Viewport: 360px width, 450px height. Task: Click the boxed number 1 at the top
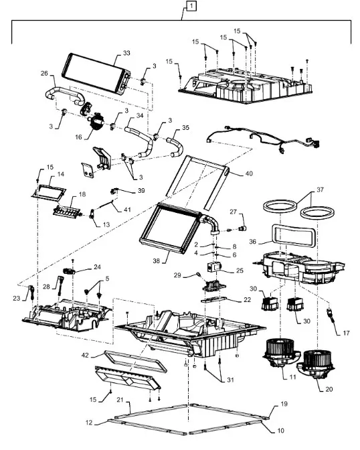click(191, 6)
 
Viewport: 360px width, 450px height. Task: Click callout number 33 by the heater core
click(126, 53)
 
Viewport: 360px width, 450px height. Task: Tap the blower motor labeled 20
click(316, 364)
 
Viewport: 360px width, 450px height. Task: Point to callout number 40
click(249, 173)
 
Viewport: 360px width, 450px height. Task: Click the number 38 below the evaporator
click(157, 261)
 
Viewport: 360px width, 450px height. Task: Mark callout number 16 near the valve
click(78, 137)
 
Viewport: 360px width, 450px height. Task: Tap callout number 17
click(346, 333)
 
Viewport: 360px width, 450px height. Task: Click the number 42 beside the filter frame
click(85, 356)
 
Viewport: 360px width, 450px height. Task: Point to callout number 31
click(230, 380)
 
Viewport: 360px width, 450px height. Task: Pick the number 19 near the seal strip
click(284, 404)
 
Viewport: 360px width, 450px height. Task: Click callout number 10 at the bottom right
click(280, 431)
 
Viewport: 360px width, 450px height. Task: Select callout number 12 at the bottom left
click(89, 423)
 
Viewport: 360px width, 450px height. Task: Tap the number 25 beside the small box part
click(240, 271)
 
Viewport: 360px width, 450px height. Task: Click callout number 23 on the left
click(17, 299)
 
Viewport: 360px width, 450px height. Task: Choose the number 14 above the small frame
click(61, 174)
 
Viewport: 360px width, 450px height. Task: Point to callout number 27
click(234, 212)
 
